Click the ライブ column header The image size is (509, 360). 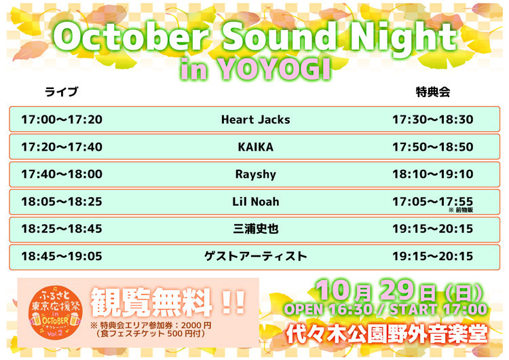click(61, 92)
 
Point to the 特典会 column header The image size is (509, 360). click(432, 92)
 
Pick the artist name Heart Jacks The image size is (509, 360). click(255, 120)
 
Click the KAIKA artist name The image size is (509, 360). click(255, 147)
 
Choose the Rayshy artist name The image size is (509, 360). click(255, 175)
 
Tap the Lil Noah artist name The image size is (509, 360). click(255, 202)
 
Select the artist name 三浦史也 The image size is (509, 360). click(255, 229)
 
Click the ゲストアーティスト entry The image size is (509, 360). click(255, 257)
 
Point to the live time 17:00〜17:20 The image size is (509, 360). click(62, 120)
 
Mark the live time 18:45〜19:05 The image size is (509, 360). click(62, 257)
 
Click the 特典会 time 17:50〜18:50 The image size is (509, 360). click(432, 147)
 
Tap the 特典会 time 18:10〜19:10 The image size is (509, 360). click(432, 175)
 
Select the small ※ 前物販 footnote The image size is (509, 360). click(460, 211)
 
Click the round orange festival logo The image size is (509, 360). click(52, 312)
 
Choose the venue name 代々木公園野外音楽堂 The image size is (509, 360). click(387, 334)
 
